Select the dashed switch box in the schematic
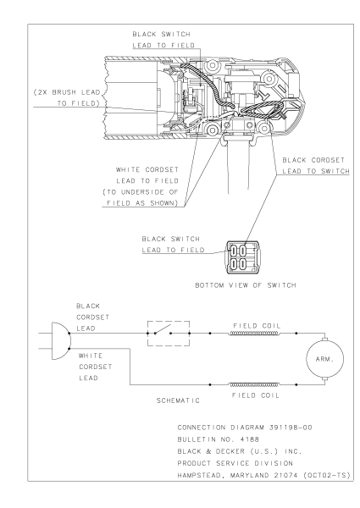point(170,333)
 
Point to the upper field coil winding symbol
point(254,334)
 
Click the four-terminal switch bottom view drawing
point(237,257)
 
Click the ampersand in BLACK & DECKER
point(219,457)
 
